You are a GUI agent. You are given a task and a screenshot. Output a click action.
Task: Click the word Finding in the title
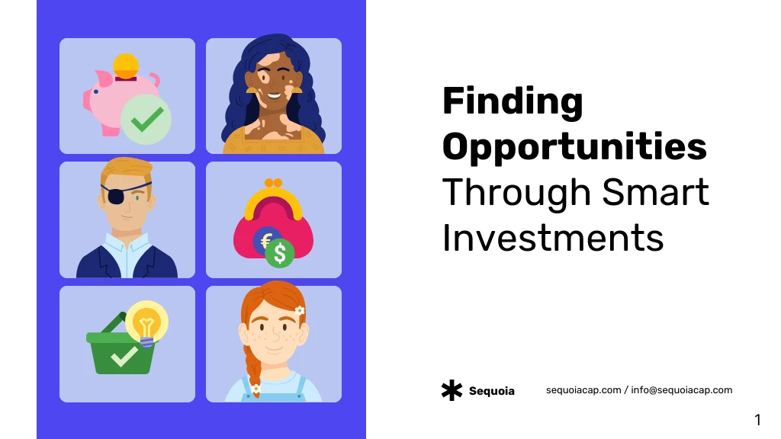[x=513, y=102]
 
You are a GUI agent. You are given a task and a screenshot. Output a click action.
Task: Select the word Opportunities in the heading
[x=574, y=147]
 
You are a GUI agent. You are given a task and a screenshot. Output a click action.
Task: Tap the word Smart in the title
[x=655, y=192]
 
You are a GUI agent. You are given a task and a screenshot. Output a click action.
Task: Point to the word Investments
[x=553, y=238]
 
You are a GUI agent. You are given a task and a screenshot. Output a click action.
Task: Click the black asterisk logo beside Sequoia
[x=452, y=391]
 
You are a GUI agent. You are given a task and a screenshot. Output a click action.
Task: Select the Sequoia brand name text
[x=492, y=391]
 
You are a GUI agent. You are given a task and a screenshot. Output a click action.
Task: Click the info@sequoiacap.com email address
[x=681, y=390]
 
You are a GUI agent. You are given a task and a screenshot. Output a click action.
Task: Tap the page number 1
[x=757, y=420]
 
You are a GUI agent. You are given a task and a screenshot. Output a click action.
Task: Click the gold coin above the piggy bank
[x=126, y=66]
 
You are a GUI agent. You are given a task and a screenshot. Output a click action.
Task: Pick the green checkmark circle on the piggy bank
[x=146, y=120]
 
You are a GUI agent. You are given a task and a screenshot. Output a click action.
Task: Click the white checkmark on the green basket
[x=124, y=357]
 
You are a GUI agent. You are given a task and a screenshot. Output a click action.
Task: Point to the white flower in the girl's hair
[x=299, y=311]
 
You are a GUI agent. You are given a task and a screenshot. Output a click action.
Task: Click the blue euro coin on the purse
[x=265, y=240]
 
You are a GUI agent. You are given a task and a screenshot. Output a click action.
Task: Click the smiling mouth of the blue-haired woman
[x=275, y=95]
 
